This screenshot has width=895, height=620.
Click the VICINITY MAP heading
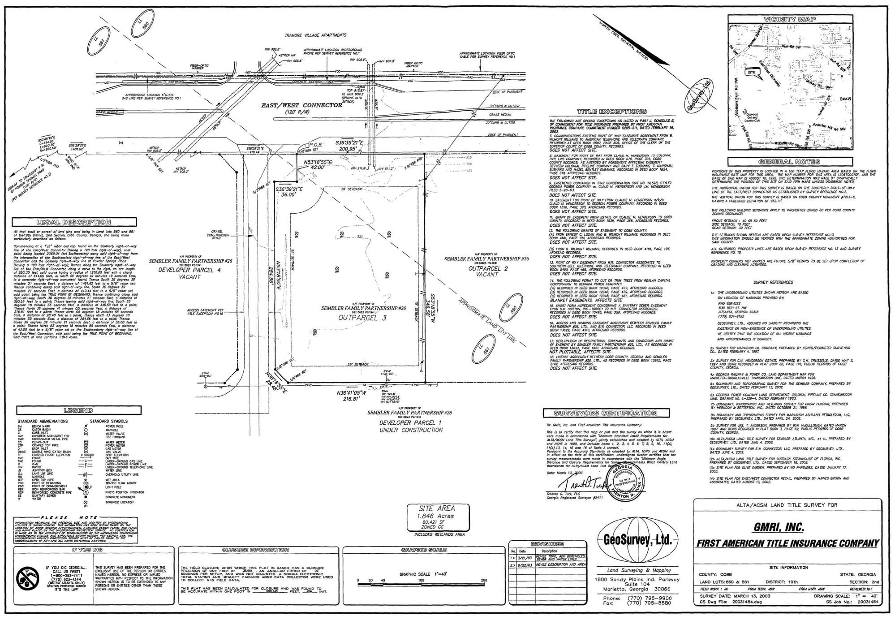coord(790,19)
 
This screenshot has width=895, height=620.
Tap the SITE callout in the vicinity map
coord(752,73)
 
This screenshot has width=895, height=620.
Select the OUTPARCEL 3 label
coord(362,318)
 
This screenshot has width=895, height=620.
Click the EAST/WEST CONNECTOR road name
coord(301,105)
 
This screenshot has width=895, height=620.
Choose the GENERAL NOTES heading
coord(790,162)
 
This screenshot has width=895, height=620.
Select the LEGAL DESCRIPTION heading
coord(74,222)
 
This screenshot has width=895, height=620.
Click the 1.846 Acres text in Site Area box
coord(437,516)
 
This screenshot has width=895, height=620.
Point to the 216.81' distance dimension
coord(353,399)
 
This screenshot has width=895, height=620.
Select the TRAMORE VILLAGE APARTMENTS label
coord(315,35)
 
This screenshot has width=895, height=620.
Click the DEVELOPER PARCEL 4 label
coord(189,270)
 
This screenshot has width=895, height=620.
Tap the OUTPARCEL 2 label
coord(488,268)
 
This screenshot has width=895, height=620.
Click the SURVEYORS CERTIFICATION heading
coord(605,413)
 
